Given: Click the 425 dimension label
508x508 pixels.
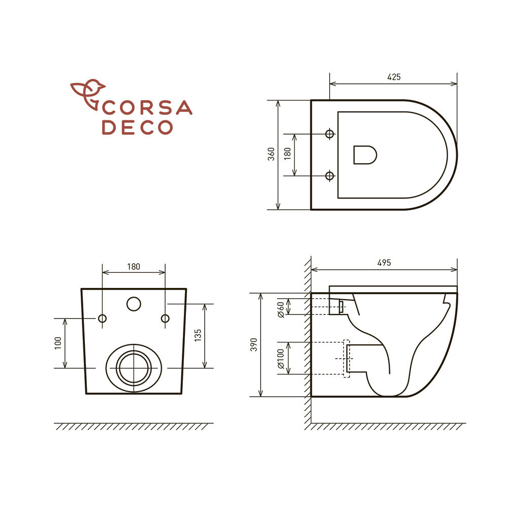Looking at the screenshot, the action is click(x=394, y=77).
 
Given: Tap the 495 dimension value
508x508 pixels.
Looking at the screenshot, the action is click(x=384, y=263).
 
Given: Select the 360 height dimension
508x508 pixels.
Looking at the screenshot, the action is click(x=271, y=154).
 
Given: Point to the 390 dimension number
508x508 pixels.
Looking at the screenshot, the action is click(x=254, y=345).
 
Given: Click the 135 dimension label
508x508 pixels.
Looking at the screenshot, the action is click(x=198, y=336).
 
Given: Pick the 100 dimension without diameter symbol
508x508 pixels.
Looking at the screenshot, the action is click(x=58, y=343).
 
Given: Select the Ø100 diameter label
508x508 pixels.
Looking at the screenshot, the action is click(x=281, y=359).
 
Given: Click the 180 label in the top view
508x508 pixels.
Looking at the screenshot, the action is click(x=288, y=154).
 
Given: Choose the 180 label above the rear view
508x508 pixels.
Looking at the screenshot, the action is click(x=134, y=267).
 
